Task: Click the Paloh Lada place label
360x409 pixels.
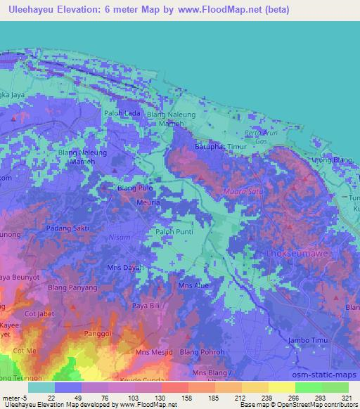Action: [x=122, y=113]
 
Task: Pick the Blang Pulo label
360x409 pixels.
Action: [x=136, y=188]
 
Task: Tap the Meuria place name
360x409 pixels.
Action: [x=147, y=202]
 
